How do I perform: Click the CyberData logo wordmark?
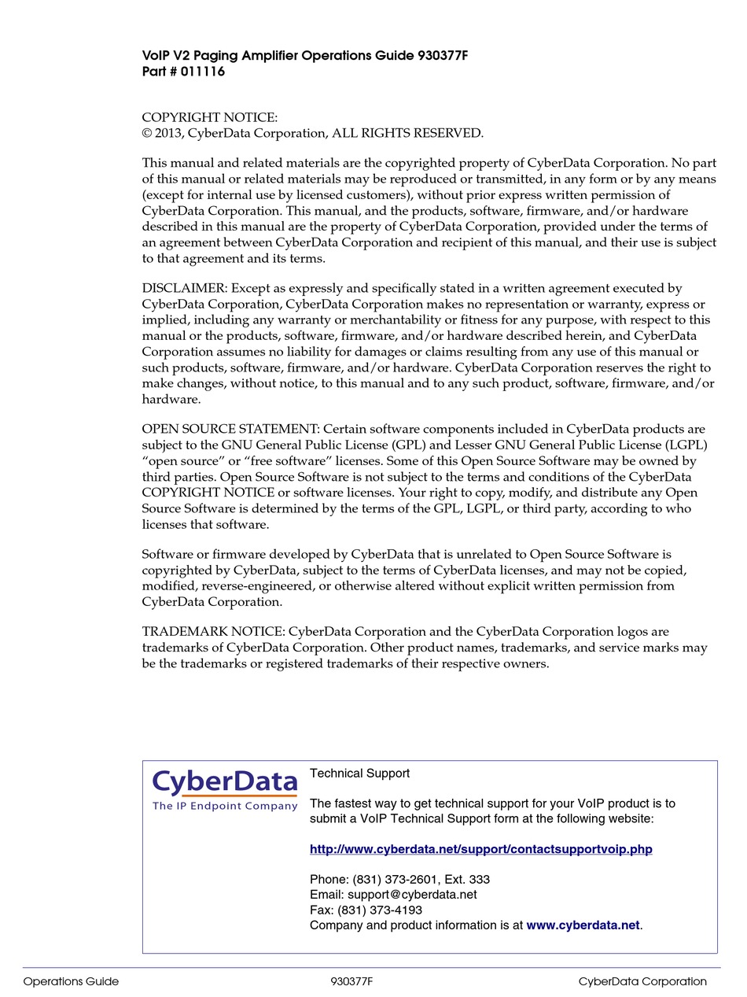(225, 782)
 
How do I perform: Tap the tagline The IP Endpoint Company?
(225, 806)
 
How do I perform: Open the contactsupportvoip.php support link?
(480, 849)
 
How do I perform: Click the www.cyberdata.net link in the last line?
(583, 925)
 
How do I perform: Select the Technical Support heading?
(359, 774)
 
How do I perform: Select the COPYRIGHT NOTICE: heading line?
(209, 117)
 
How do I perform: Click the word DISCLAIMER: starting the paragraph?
(184, 289)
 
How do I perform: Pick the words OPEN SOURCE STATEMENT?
(230, 430)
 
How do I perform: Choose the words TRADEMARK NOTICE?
(213, 632)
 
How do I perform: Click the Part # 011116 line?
(183, 72)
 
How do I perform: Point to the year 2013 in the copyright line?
(167, 133)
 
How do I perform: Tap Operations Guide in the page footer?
(71, 981)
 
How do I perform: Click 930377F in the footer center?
(351, 981)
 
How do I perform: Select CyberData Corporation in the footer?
(642, 981)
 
